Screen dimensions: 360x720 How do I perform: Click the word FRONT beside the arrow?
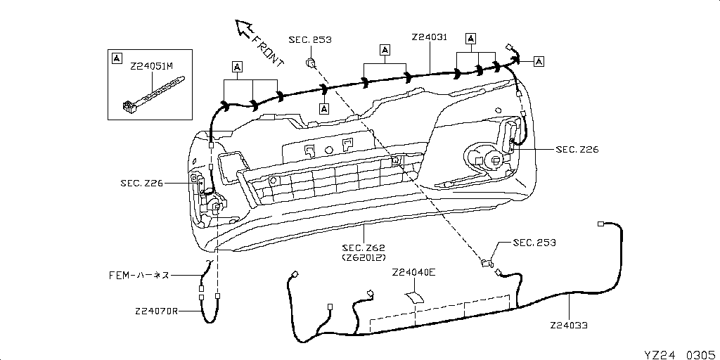click(x=267, y=51)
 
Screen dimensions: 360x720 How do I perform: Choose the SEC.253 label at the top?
click(x=309, y=40)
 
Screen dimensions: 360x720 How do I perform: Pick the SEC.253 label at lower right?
click(x=534, y=243)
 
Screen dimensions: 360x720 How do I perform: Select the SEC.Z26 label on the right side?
click(x=577, y=149)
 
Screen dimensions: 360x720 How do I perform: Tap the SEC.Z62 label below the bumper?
click(x=364, y=247)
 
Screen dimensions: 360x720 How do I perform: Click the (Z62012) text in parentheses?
click(x=364, y=258)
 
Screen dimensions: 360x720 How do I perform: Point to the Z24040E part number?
click(x=414, y=272)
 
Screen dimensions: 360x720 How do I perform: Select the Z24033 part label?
click(x=569, y=326)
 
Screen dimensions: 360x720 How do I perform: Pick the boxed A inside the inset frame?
click(x=117, y=57)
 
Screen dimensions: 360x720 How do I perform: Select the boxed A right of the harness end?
click(x=539, y=61)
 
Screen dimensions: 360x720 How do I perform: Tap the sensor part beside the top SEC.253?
click(x=309, y=64)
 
